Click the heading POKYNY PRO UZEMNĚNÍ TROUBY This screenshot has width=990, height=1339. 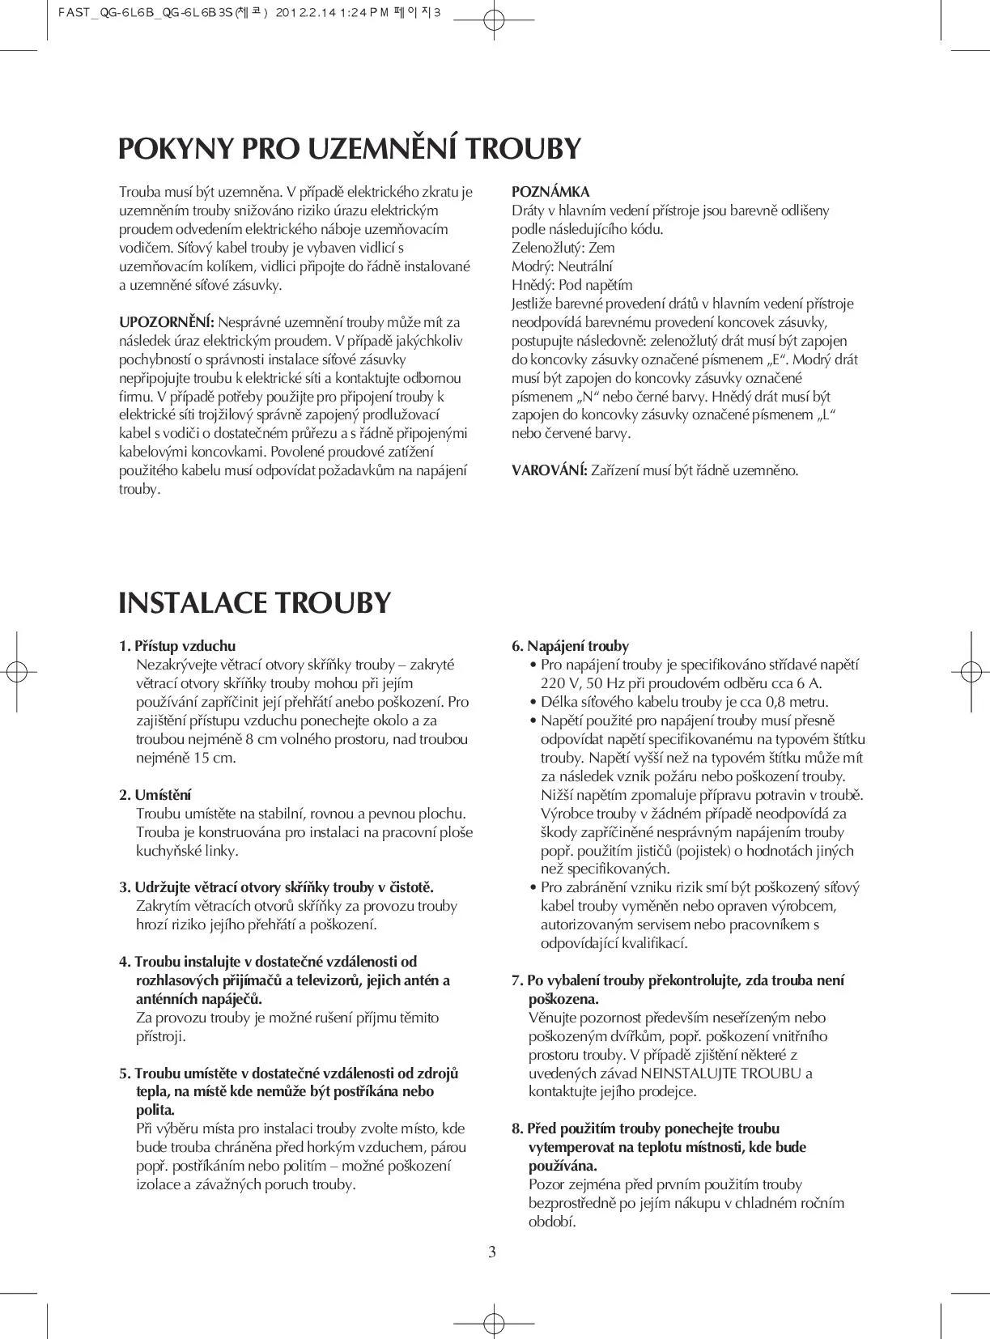pyautogui.click(x=350, y=149)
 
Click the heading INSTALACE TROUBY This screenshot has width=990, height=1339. pyautogui.click(x=254, y=604)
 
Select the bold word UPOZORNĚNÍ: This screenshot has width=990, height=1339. pyautogui.click(x=167, y=322)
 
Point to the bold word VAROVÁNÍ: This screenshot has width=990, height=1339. pyautogui.click(x=550, y=470)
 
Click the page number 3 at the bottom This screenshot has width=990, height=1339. pyautogui.click(x=492, y=1253)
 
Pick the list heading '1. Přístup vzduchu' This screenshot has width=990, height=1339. pyautogui.click(x=177, y=646)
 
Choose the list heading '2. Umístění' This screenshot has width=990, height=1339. pyautogui.click(x=155, y=795)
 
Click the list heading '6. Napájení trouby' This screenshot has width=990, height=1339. pyautogui.click(x=570, y=646)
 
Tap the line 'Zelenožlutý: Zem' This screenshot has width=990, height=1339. pyautogui.click(x=563, y=248)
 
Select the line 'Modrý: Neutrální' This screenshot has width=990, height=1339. pyautogui.click(x=562, y=266)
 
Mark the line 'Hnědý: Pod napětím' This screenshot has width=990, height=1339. pyautogui.click(x=571, y=285)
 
